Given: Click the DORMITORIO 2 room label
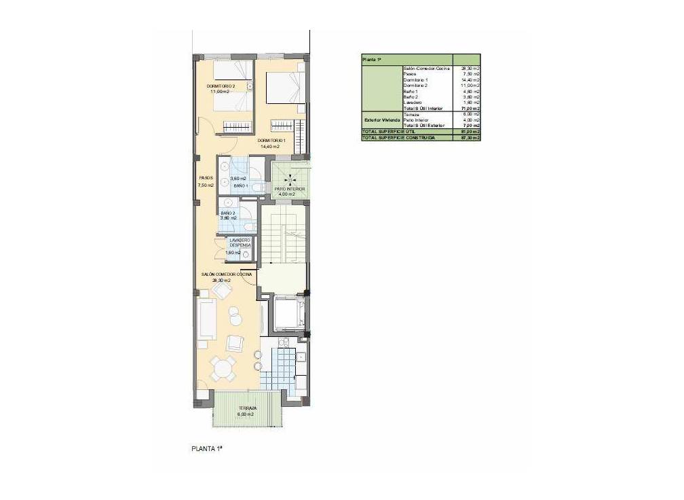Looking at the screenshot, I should click(221, 86).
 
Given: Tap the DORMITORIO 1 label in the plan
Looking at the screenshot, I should click(271, 141).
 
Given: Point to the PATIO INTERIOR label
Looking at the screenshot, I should click(289, 189).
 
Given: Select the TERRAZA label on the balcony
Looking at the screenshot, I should click(247, 408).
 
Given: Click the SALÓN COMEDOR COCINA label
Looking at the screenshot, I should click(227, 274).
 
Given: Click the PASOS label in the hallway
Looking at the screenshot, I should click(206, 178).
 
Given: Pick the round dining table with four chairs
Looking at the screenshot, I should click(223, 369).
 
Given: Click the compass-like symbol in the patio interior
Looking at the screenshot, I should click(290, 178).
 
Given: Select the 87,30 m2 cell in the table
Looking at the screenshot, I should click(470, 137).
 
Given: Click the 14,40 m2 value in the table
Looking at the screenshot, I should click(470, 80).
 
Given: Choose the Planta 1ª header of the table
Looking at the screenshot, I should click(372, 60).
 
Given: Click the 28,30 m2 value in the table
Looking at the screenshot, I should click(470, 69).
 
